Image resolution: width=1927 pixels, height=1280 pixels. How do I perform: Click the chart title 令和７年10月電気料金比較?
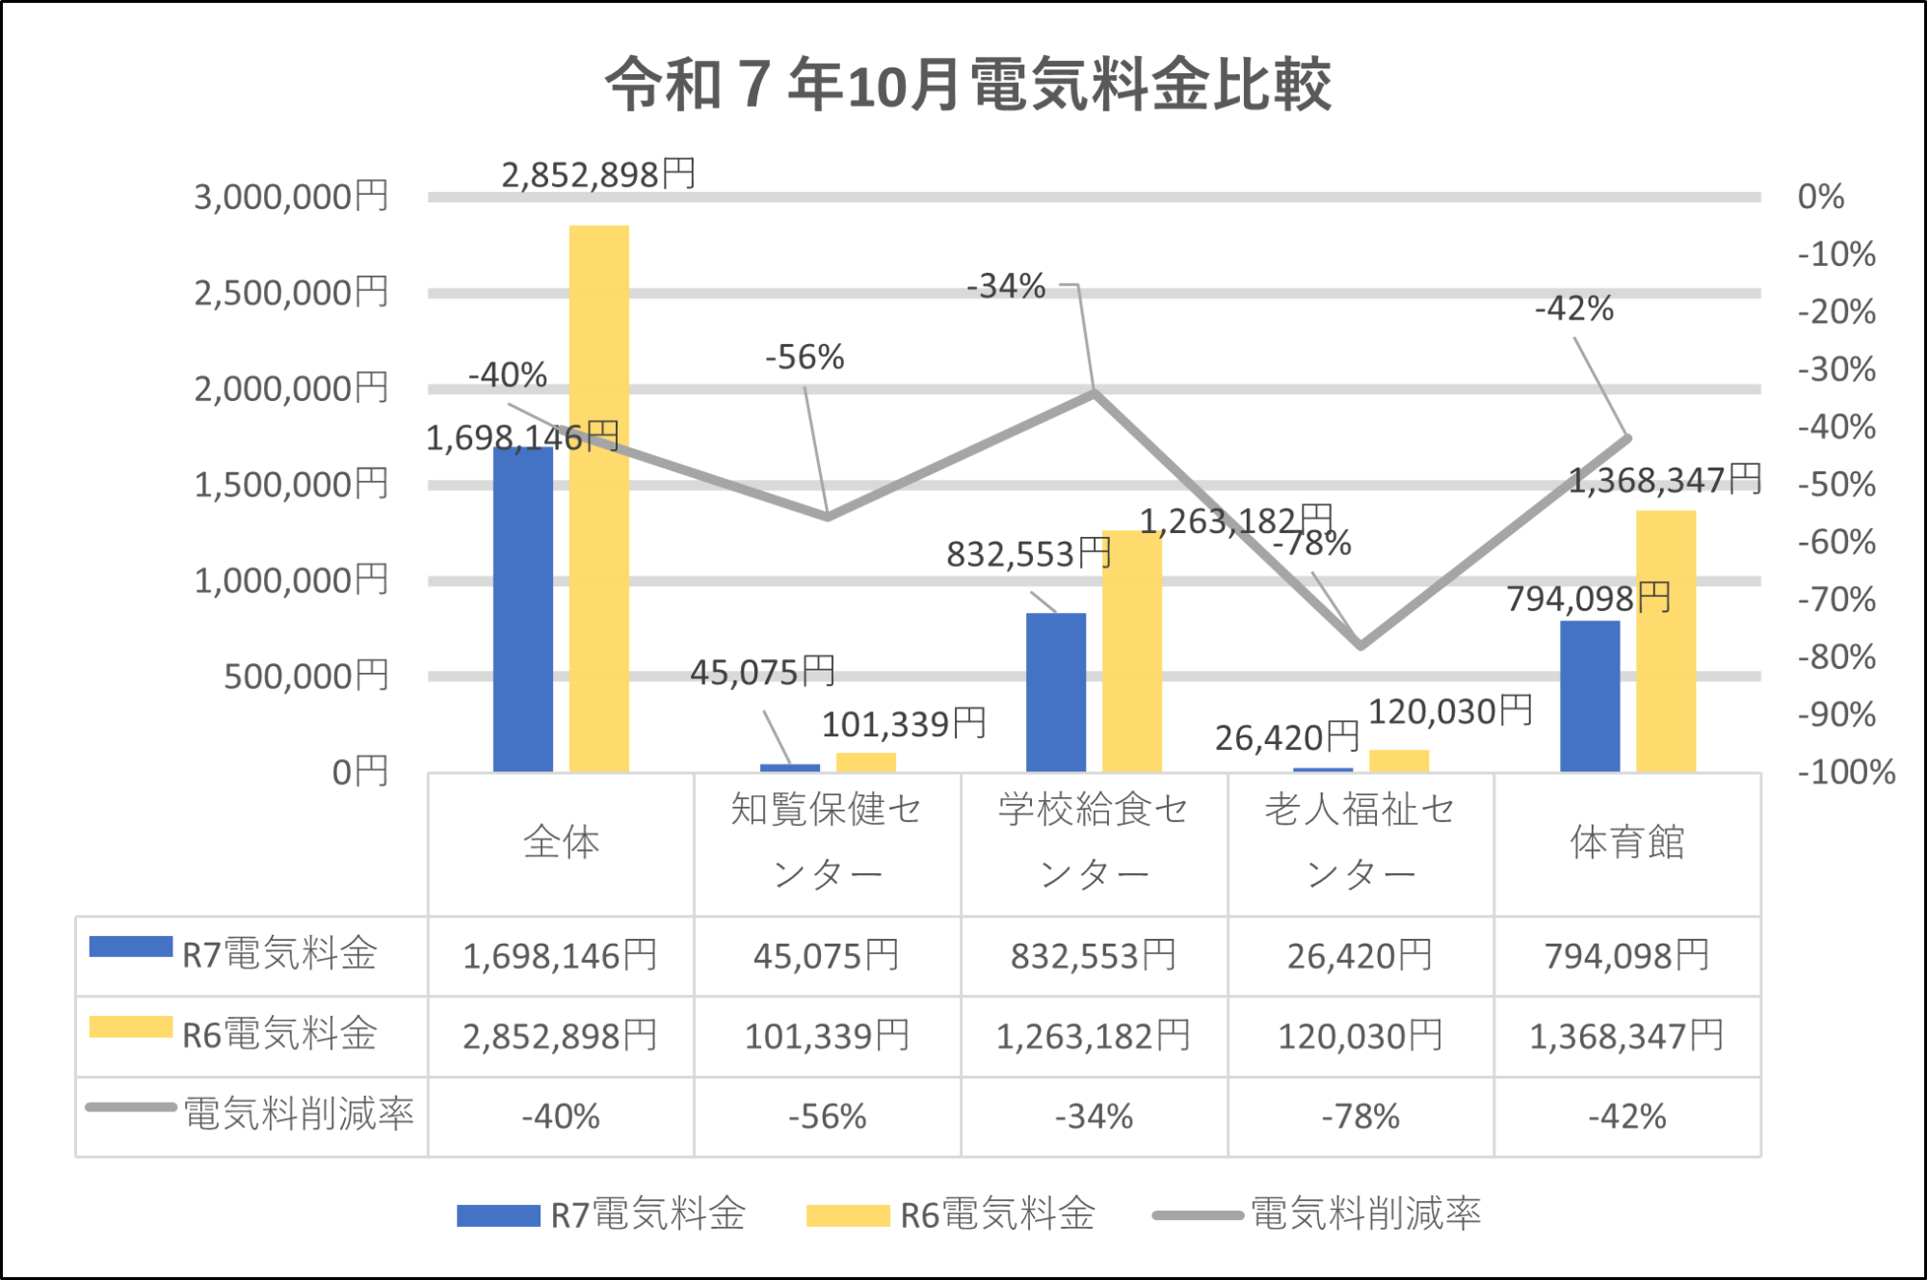[967, 85]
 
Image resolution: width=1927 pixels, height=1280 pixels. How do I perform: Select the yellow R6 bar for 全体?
[598, 501]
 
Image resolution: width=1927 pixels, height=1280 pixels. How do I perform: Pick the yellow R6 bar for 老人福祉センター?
[1398, 760]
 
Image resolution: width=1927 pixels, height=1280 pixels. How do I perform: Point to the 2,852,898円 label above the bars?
[597, 174]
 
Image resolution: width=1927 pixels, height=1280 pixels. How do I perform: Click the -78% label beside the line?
[1312, 545]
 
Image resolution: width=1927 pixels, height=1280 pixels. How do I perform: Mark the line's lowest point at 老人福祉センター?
[1359, 645]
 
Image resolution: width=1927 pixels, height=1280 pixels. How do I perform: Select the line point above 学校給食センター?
[1095, 391]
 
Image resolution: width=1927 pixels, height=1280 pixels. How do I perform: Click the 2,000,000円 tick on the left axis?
[291, 388]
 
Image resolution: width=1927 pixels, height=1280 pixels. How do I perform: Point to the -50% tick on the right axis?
[1836, 484]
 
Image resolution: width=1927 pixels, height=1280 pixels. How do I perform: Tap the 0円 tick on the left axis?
[359, 771]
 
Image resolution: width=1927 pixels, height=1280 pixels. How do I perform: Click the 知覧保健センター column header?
[827, 842]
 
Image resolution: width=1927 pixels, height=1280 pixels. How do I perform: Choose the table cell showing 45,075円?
[827, 956]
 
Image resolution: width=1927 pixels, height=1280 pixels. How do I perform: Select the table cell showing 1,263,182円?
[1093, 1036]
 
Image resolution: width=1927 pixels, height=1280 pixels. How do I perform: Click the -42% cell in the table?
[1626, 1116]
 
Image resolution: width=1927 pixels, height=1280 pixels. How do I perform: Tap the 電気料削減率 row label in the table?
[298, 1113]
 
